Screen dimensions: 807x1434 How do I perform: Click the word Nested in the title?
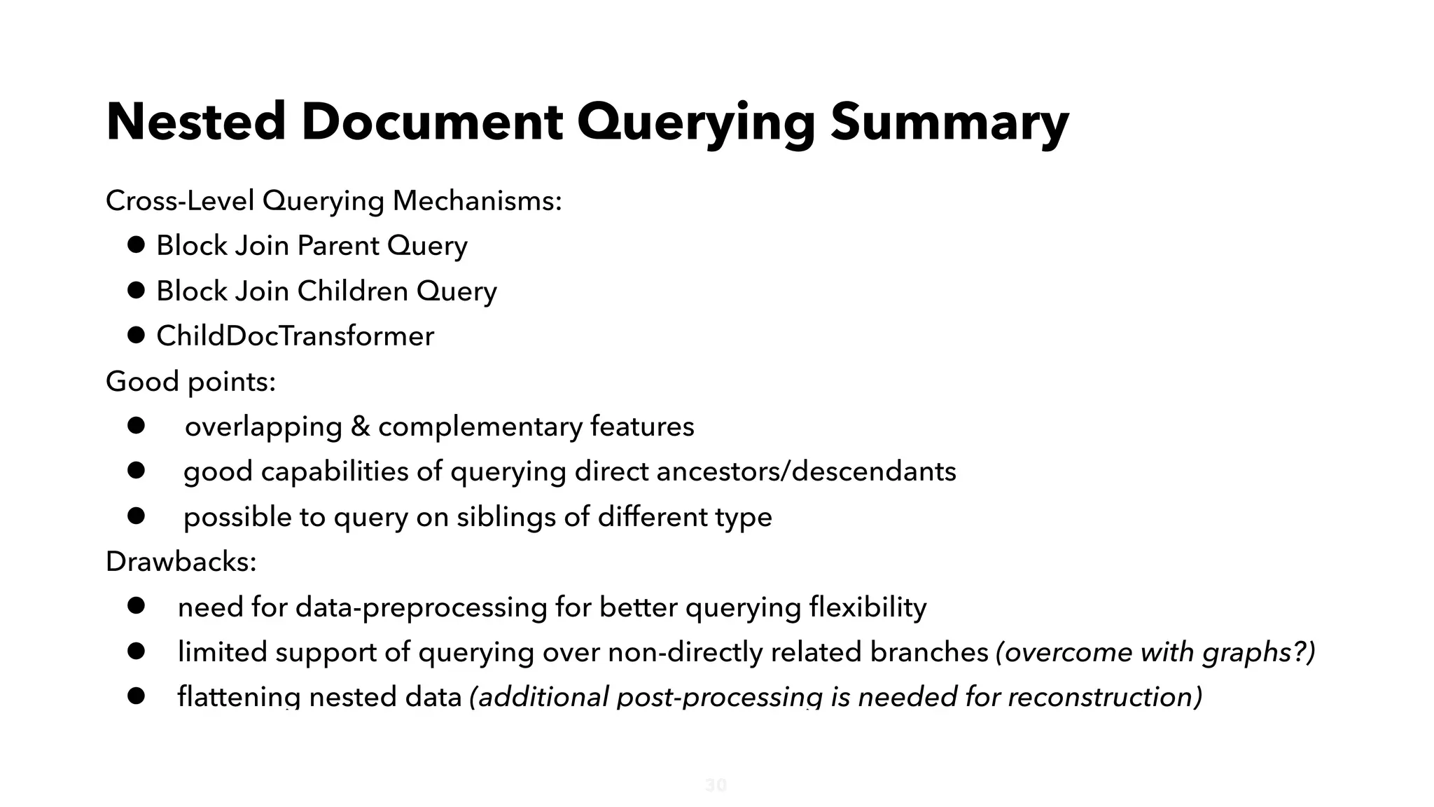point(195,123)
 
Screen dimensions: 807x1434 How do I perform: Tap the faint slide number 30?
point(716,785)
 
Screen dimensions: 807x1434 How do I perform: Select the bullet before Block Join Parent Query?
point(136,245)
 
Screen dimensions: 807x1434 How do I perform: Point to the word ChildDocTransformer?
point(295,336)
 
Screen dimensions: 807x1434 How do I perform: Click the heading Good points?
point(190,382)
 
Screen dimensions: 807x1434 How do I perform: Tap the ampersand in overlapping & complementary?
point(360,427)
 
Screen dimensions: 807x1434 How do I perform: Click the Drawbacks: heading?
point(181,562)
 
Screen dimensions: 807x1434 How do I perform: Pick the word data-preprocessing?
point(421,607)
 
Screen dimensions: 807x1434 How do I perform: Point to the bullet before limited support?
point(136,651)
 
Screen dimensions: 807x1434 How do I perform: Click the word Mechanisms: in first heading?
point(477,201)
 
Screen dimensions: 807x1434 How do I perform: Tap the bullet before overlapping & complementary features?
point(136,426)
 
